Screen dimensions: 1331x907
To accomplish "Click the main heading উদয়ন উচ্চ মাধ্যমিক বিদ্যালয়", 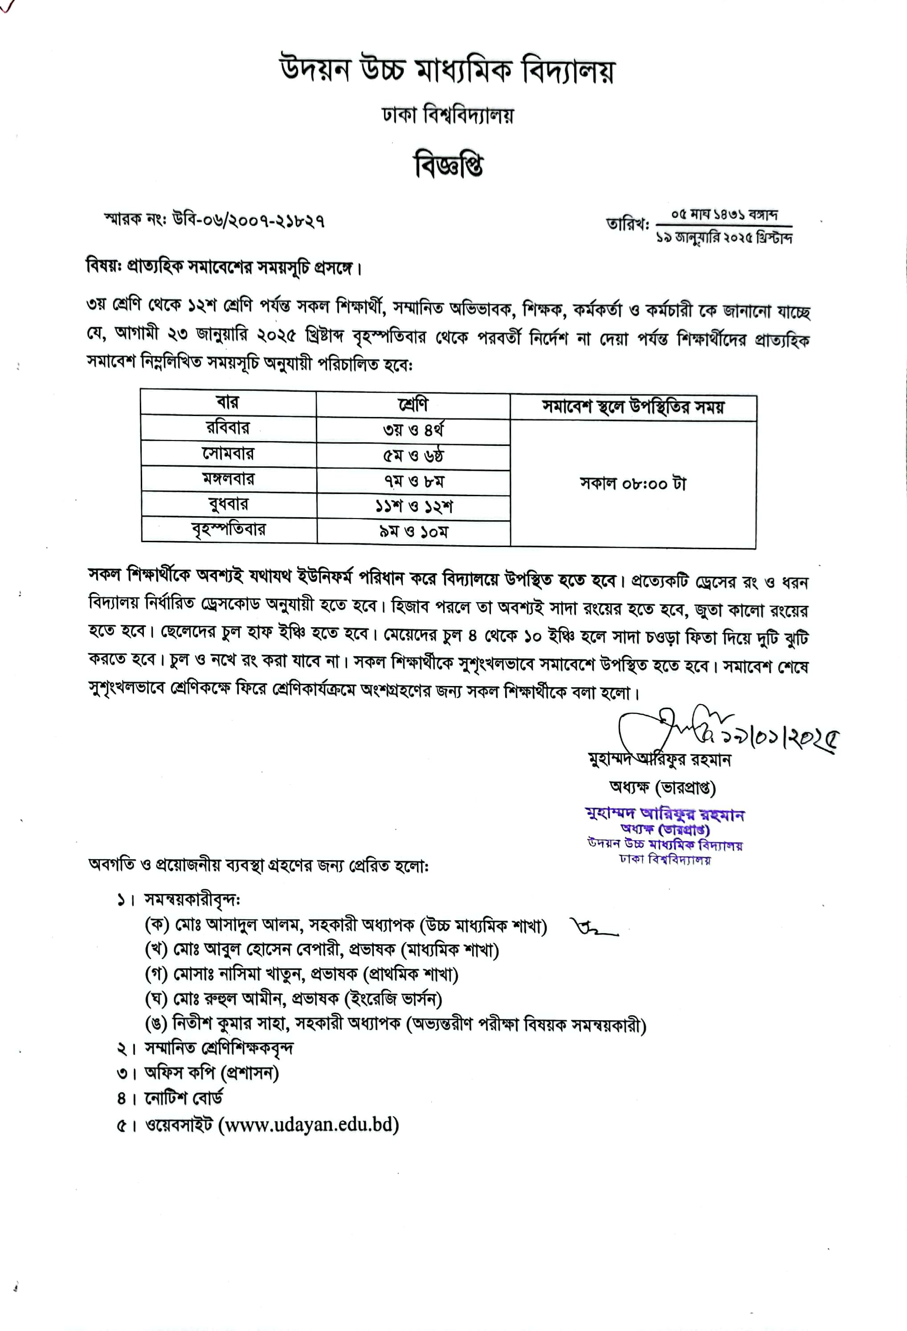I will [447, 71].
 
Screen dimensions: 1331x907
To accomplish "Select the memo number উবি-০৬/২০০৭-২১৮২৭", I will [248, 220].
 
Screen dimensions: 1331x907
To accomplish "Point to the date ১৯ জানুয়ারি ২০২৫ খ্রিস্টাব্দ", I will [724, 237].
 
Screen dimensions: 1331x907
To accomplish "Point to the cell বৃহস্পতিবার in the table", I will [229, 530].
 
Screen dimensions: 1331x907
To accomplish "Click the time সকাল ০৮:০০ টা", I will [633, 484].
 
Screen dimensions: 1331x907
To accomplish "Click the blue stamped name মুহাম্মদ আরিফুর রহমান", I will [664, 814].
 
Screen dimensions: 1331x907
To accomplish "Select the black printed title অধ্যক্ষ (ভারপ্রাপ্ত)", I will [662, 788].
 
